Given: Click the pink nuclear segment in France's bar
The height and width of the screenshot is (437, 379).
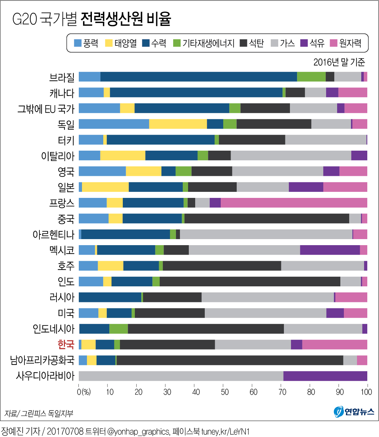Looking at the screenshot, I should pyautogui.click(x=294, y=203).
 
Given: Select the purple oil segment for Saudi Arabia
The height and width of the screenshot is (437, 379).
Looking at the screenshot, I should pyautogui.click(x=325, y=376).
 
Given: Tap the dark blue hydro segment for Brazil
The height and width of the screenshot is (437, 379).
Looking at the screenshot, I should pyautogui.click(x=198, y=77).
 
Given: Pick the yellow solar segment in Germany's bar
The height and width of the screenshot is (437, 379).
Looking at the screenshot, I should pyautogui.click(x=178, y=124).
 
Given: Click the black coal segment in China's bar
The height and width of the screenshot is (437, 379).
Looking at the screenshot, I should pyautogui.click(x=267, y=218).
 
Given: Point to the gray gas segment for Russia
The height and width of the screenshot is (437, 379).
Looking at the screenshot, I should pyautogui.click(x=268, y=297).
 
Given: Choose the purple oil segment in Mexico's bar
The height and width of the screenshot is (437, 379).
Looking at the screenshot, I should pyautogui.click(x=330, y=250).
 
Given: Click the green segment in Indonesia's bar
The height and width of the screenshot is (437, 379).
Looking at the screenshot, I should pyautogui.click(x=119, y=329).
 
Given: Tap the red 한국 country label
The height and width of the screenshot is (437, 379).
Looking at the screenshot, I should pyautogui.click(x=66, y=344).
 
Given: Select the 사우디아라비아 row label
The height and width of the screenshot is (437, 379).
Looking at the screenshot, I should pyautogui.click(x=45, y=376).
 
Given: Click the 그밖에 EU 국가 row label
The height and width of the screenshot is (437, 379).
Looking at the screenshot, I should pyautogui.click(x=46, y=108).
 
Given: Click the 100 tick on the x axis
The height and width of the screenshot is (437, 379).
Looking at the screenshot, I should pyautogui.click(x=366, y=392).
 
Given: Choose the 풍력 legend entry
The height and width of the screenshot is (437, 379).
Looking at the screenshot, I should pyautogui.click(x=86, y=43).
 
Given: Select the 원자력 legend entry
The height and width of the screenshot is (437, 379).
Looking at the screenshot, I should pyautogui.click(x=346, y=43).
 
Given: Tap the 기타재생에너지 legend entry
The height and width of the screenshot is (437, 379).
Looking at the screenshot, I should pyautogui.click(x=204, y=43).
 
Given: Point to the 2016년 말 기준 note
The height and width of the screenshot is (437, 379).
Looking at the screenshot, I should pyautogui.click(x=339, y=62).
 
